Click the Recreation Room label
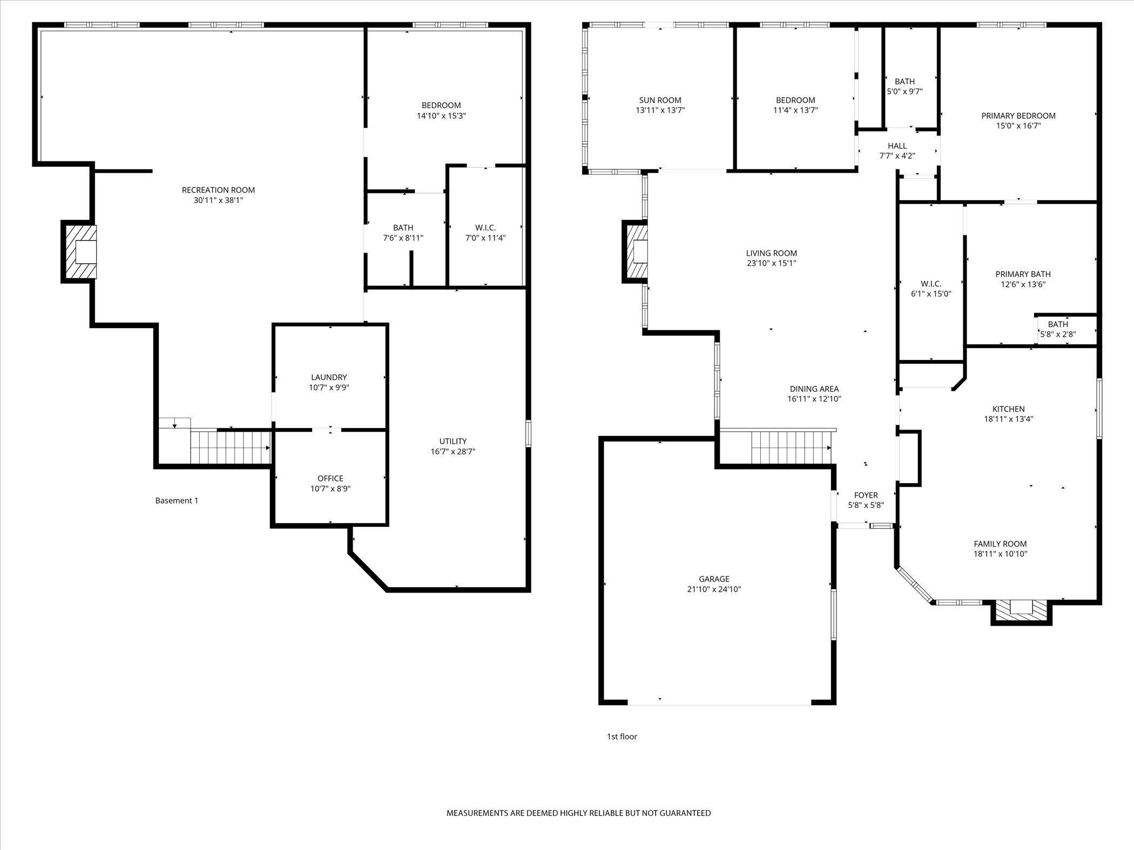tap(218, 190)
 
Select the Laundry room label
tap(329, 377)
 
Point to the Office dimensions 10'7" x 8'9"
tap(330, 489)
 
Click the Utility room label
tap(453, 441)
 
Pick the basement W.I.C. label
tap(485, 228)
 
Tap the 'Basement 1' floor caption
tap(177, 501)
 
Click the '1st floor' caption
tap(622, 737)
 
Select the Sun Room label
tap(660, 100)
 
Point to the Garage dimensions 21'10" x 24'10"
tap(714, 590)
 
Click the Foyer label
tap(866, 495)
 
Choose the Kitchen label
tap(1008, 409)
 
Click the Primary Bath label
tap(1023, 274)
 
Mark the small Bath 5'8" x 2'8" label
tap(1058, 324)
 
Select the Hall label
tap(897, 146)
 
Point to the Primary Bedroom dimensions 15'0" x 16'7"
tap(1018, 126)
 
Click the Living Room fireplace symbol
tap(636, 251)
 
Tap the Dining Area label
tap(814, 389)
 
